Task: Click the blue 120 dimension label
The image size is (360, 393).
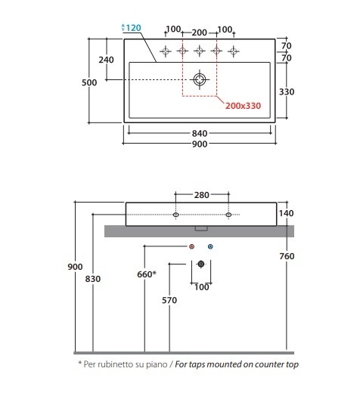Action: click(133, 28)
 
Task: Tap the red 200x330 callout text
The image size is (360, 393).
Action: click(243, 106)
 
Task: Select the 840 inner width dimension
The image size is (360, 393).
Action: click(200, 133)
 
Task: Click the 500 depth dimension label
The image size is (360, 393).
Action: click(89, 82)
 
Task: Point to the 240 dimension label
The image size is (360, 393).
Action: click(106, 60)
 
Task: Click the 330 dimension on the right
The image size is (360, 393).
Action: click(287, 91)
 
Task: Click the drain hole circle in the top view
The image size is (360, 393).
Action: click(200, 79)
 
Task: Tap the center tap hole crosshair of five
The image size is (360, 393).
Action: click(200, 51)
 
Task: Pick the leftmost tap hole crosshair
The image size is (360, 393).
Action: click(166, 51)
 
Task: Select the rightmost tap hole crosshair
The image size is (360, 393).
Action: click(234, 51)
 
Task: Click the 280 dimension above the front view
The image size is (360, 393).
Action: click(202, 195)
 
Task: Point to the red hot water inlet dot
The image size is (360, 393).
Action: click(191, 246)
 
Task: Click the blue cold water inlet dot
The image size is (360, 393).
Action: click(210, 246)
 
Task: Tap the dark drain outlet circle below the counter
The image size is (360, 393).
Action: click(201, 264)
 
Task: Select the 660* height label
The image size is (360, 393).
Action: click(147, 274)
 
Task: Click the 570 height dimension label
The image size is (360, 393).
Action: click(169, 300)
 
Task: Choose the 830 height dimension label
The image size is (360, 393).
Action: click(93, 279)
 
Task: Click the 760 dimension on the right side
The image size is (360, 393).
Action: click(287, 256)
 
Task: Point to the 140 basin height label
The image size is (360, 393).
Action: click(286, 213)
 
